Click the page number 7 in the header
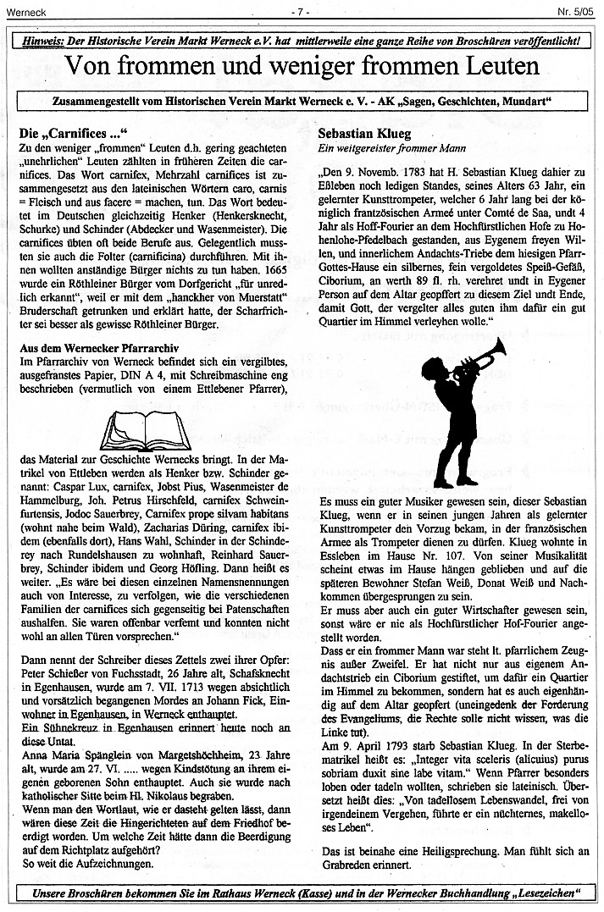click(301, 11)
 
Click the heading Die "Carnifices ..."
click(72, 133)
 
